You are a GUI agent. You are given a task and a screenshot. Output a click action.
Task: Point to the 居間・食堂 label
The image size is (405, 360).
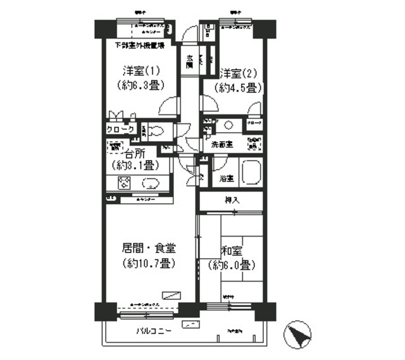(x=149, y=249)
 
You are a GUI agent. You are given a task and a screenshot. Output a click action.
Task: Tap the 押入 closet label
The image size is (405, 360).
(x=232, y=200)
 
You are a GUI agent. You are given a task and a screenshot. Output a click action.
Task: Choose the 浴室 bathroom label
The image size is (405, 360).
(x=227, y=178)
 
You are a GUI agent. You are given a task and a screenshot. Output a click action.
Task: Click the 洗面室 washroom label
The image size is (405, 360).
(x=221, y=144)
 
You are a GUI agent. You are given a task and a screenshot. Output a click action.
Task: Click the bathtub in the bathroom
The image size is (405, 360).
(x=251, y=172)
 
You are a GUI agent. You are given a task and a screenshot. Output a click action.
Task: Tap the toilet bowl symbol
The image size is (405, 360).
(x=159, y=130)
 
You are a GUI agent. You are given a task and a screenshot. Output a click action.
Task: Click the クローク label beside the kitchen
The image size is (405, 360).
(x=120, y=130)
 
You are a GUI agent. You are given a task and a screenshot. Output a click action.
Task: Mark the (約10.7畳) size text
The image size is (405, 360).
(x=149, y=263)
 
